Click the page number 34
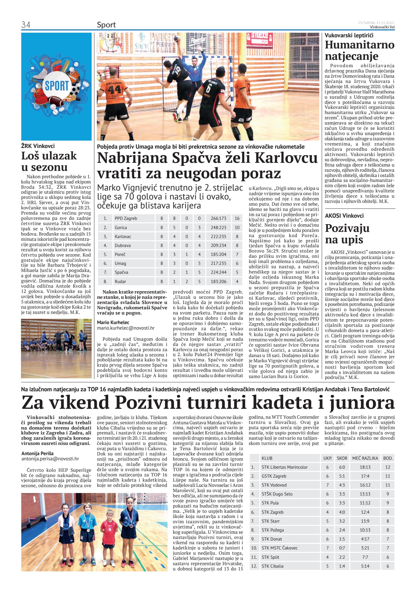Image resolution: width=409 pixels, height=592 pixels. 26,25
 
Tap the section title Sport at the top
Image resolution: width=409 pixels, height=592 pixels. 106,25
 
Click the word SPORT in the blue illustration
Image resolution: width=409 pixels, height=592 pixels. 57,85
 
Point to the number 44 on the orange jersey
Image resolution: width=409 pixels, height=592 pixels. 114,90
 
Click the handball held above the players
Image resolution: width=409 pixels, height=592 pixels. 176,38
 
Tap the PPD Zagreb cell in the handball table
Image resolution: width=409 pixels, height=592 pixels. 126,218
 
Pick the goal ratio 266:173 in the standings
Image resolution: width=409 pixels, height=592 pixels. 218,218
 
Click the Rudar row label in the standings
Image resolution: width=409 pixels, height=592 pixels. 120,282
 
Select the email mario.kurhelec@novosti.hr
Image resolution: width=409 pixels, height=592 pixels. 126,328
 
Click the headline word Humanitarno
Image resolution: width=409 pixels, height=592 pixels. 359,45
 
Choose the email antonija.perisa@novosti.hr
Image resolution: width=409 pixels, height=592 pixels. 50,459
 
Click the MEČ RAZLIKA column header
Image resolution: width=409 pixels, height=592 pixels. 365,458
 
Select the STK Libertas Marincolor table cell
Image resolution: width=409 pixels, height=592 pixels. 284,467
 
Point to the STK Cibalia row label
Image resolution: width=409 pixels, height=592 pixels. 272,566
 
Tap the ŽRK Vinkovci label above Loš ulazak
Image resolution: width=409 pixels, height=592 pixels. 38,146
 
